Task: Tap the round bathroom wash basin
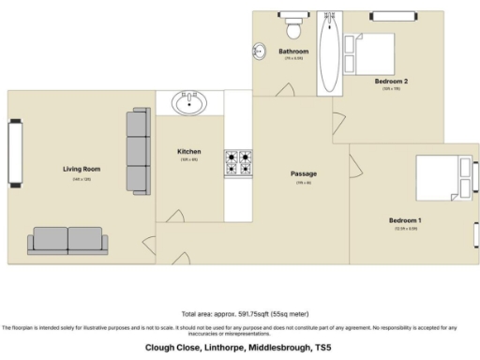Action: point(259,52)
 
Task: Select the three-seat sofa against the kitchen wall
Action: point(138,150)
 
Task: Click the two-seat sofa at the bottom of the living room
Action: point(67,240)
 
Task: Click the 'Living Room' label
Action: point(82,169)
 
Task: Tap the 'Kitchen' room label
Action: point(188,151)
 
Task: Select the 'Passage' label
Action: point(303,173)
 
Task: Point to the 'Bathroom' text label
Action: point(293,51)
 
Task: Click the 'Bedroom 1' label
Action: point(405,220)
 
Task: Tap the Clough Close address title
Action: point(238,347)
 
